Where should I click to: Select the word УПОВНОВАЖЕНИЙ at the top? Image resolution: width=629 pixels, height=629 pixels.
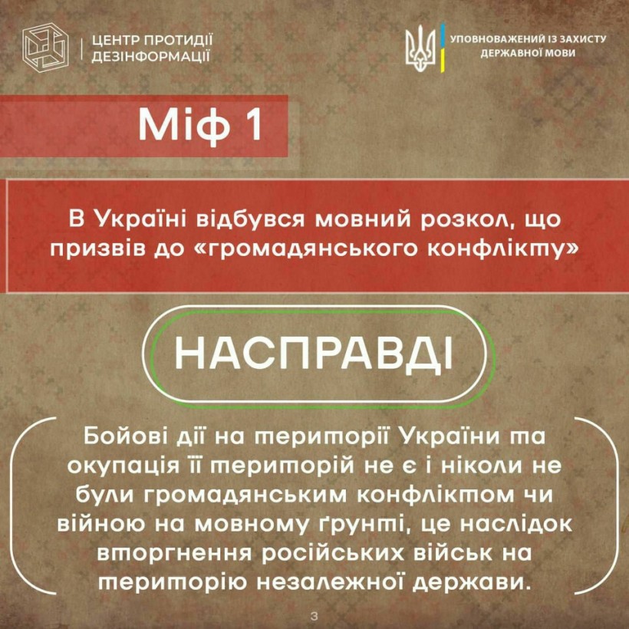[x=492, y=39]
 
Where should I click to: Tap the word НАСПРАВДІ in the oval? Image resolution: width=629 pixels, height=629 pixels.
[x=313, y=354]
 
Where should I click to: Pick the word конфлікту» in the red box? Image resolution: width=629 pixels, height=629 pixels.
[x=502, y=250]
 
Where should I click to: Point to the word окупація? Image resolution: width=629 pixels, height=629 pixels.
[x=123, y=467]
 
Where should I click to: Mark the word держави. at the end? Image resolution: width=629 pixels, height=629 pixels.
[x=469, y=583]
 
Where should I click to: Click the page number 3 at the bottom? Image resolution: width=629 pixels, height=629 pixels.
[x=314, y=616]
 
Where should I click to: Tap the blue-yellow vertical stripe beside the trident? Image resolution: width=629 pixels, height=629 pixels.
[x=442, y=48]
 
